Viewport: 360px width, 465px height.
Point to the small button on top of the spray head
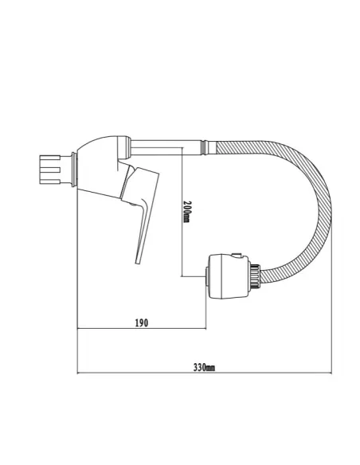coord(236,256)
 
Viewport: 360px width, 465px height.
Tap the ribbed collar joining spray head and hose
coord(255,275)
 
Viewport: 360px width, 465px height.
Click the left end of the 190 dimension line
coord(77,330)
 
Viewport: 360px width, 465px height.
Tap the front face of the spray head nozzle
coord(209,275)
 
